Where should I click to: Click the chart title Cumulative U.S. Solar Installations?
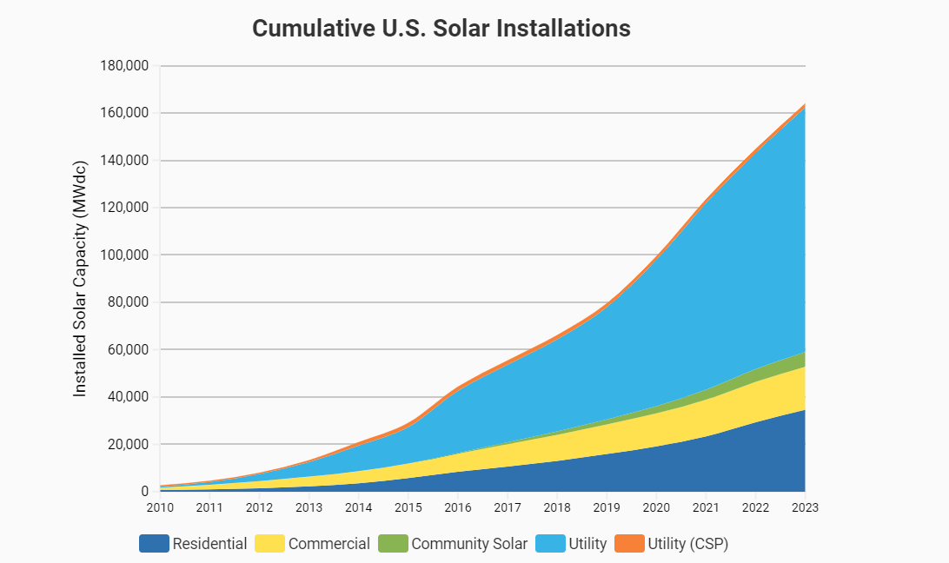(x=441, y=28)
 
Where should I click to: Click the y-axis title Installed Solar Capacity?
(x=80, y=279)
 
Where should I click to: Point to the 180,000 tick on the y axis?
(x=125, y=66)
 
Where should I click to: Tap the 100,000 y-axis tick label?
(x=125, y=255)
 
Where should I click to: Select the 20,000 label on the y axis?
(x=129, y=445)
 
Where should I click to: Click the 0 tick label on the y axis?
(x=144, y=492)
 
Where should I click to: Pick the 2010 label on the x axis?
(x=160, y=507)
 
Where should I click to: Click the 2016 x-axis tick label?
(x=457, y=507)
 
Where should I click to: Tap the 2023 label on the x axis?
(x=804, y=507)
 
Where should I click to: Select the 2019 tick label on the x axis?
(x=606, y=507)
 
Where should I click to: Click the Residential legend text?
(x=209, y=544)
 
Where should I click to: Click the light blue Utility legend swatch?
(x=549, y=544)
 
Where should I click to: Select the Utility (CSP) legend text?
(x=687, y=544)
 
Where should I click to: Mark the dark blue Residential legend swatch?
(x=154, y=544)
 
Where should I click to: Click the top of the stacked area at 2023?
(x=804, y=105)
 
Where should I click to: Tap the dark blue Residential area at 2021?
(x=706, y=465)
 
